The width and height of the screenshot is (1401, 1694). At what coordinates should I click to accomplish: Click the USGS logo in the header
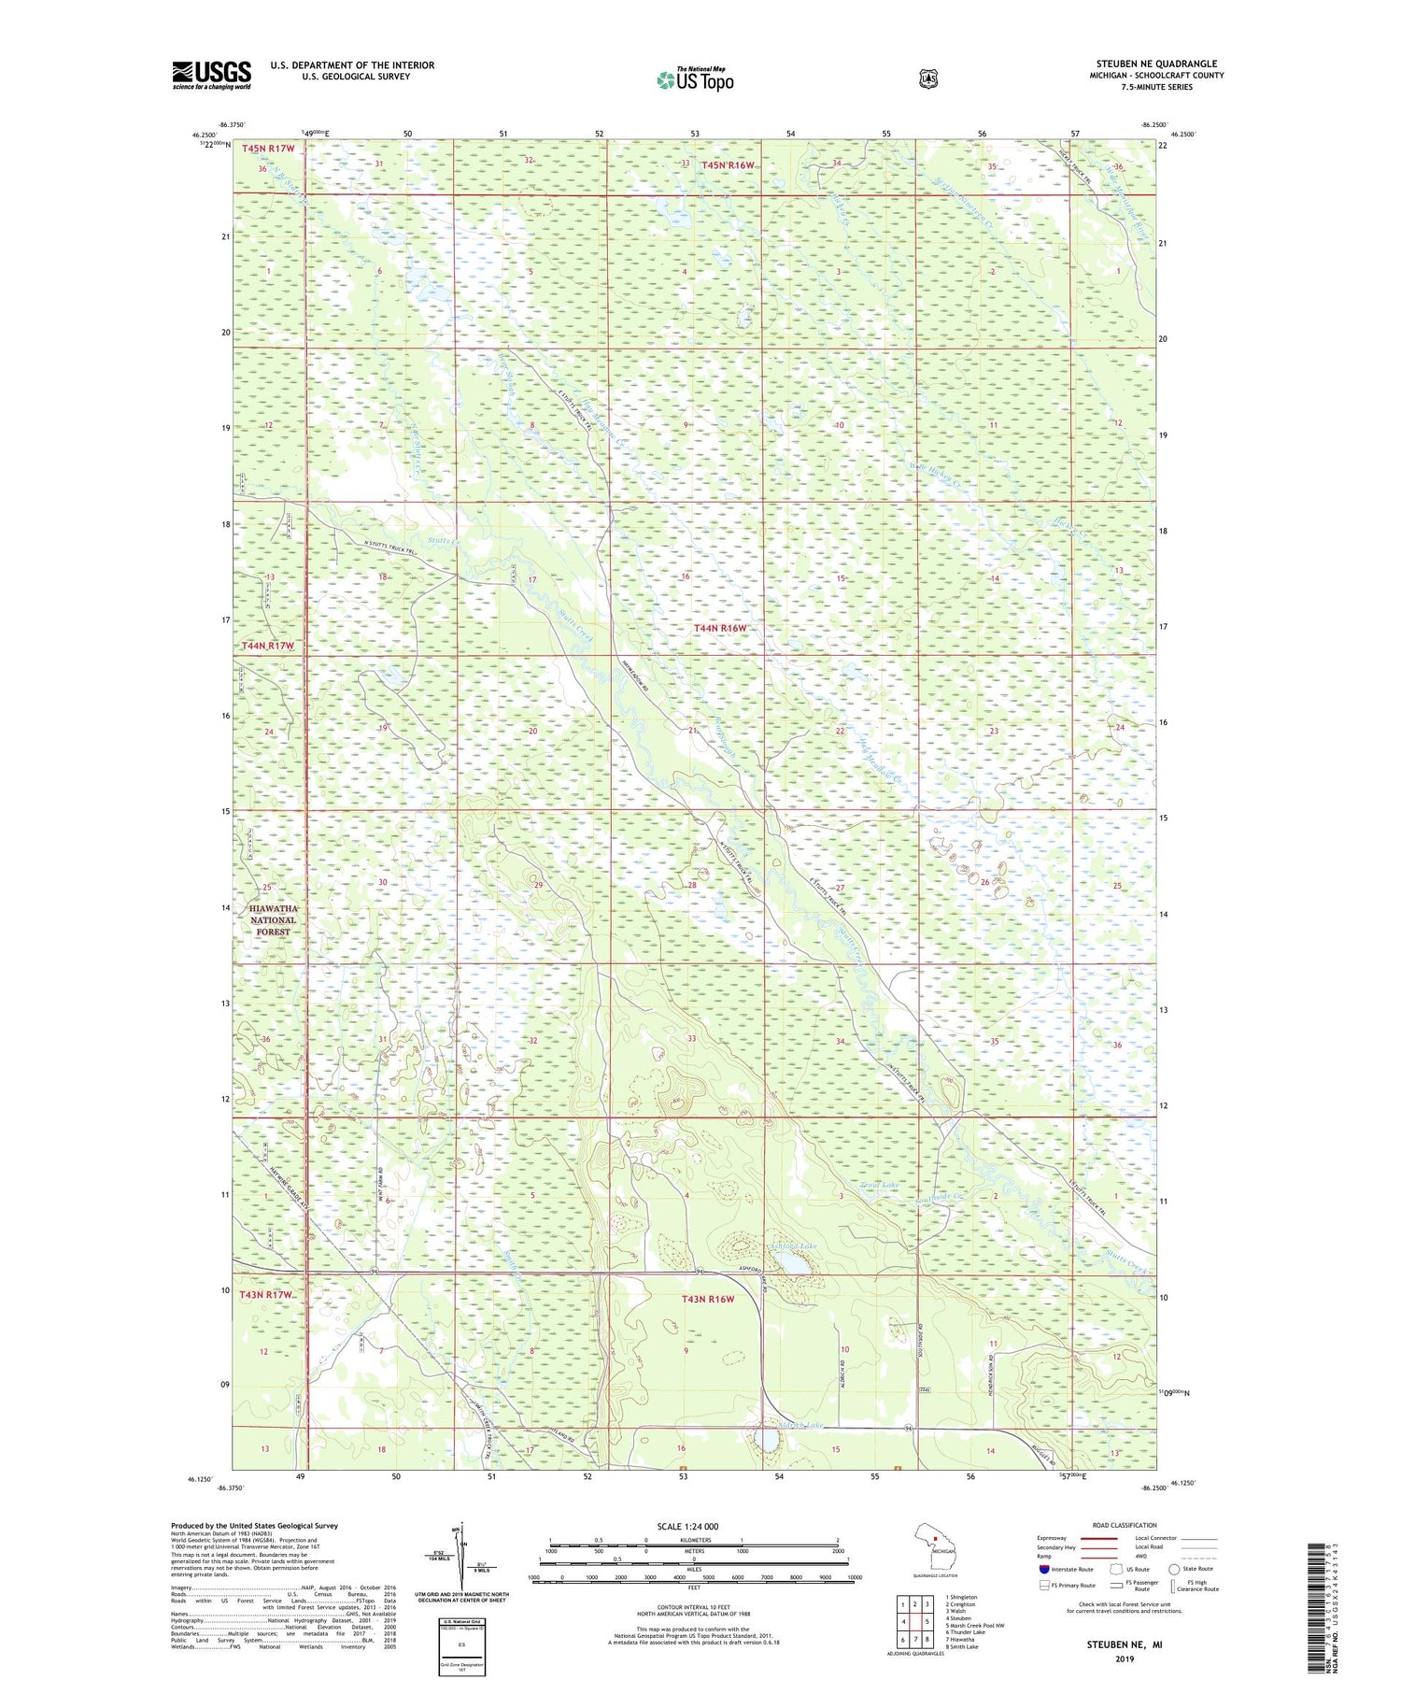(212, 75)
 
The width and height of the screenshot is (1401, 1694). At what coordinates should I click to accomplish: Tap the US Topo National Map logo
(695, 79)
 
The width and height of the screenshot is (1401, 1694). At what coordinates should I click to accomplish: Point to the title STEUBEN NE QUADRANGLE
(1156, 64)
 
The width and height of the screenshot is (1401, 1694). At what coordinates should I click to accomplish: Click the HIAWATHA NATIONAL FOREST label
(273, 919)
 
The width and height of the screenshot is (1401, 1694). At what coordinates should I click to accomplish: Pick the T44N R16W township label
(720, 629)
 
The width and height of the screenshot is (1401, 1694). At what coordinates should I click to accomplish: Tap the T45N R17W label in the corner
(268, 149)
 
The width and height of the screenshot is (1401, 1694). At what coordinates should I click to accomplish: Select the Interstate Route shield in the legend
(1044, 1569)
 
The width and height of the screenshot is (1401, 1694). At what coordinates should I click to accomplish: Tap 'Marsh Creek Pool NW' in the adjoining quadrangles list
(974, 1625)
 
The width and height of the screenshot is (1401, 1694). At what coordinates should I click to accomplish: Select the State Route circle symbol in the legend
(1173, 1569)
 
